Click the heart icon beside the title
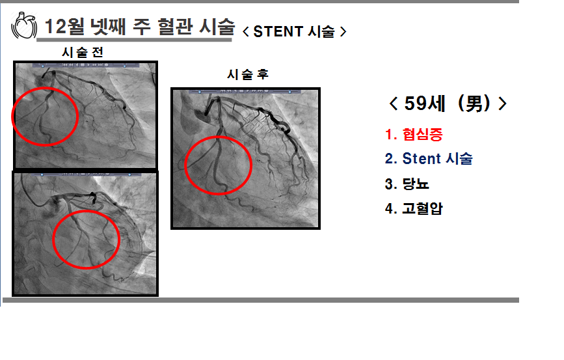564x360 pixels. click(24, 25)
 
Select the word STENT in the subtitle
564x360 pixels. click(278, 32)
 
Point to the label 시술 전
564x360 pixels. click(83, 53)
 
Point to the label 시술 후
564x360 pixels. click(248, 74)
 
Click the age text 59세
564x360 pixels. click(425, 104)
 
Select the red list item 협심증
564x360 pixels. click(422, 134)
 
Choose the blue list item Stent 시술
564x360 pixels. click(437, 158)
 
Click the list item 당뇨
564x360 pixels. click(416, 184)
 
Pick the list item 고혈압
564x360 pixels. click(422, 208)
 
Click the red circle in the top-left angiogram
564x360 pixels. click(12, 116)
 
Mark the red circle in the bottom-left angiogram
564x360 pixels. click(53, 240)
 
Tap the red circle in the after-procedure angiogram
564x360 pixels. click(185, 165)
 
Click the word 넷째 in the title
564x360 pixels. click(108, 26)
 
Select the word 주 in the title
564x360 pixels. click(141, 26)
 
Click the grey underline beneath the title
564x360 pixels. click(134, 40)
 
